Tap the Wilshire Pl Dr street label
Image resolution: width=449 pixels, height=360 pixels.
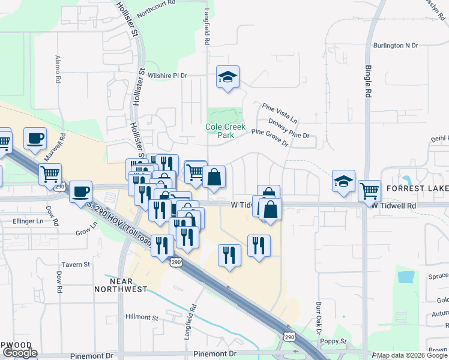168,76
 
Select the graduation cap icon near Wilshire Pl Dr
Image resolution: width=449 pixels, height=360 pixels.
228,77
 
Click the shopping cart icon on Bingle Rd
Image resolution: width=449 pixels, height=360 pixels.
370,191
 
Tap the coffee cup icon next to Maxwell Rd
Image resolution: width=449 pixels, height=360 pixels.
35,138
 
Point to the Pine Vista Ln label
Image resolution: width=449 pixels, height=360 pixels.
280,113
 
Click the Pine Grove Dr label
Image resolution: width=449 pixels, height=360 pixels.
270,137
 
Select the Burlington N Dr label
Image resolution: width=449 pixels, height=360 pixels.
395,45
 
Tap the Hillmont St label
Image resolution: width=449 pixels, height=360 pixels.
142,317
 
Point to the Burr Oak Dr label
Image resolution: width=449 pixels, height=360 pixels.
319,319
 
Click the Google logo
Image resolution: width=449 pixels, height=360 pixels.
20,353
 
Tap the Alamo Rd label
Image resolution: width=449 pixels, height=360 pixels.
58,69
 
